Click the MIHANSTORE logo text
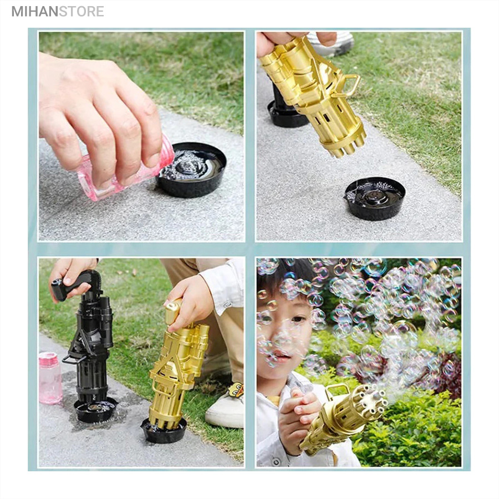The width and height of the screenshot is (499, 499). point(58,11)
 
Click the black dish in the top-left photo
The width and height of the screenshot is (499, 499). point(192,169)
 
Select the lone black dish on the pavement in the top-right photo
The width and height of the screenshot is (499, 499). point(375,198)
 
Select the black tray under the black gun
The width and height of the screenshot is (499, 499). point(95,410)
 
